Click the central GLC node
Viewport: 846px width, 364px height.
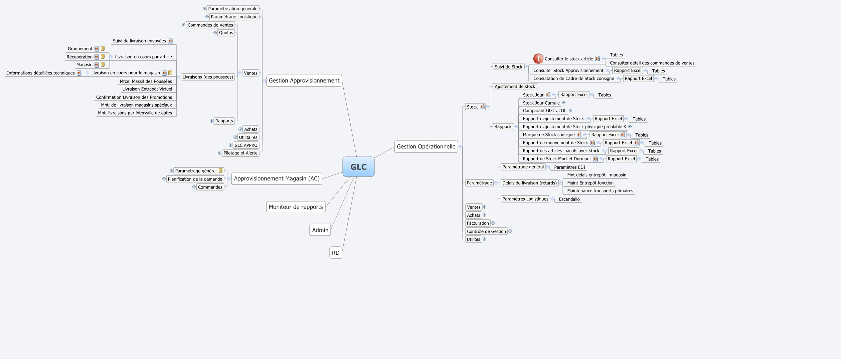tap(358, 166)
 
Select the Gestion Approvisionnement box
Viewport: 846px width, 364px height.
tap(304, 81)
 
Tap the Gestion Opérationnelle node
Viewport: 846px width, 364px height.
tap(426, 147)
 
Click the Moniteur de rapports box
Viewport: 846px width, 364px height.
tap(296, 207)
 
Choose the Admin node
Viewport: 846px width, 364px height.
tap(320, 230)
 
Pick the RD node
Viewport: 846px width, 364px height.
tap(336, 253)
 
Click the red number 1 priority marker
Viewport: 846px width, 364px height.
tap(538, 59)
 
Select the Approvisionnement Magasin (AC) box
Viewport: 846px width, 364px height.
tap(277, 178)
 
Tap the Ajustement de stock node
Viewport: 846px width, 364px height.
tap(515, 87)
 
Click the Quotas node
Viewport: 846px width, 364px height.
tap(226, 33)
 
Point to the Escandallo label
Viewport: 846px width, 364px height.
tap(569, 199)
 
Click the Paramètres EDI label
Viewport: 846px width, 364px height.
tap(569, 167)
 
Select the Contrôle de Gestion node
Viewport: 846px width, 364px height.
tap(486, 231)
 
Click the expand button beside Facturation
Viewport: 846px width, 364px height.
tap(493, 223)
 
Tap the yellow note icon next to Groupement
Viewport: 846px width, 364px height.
tap(103, 49)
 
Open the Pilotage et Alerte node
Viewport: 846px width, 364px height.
tap(240, 153)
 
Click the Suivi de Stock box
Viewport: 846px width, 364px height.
tap(508, 67)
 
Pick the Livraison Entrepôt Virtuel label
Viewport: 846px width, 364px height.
tap(147, 89)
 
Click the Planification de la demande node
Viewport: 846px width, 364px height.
tap(195, 179)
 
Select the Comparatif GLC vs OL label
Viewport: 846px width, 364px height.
tap(544, 111)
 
